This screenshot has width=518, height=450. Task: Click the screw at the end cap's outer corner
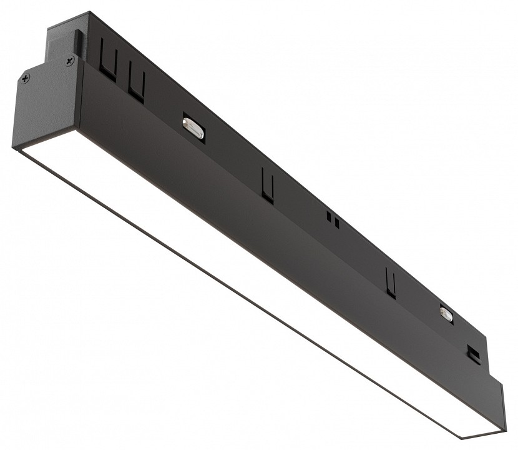coord(24,78)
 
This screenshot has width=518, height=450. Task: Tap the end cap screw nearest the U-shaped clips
coord(69,60)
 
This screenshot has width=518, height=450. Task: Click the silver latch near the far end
coord(446,314)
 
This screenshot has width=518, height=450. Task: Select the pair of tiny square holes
coord(334,220)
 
